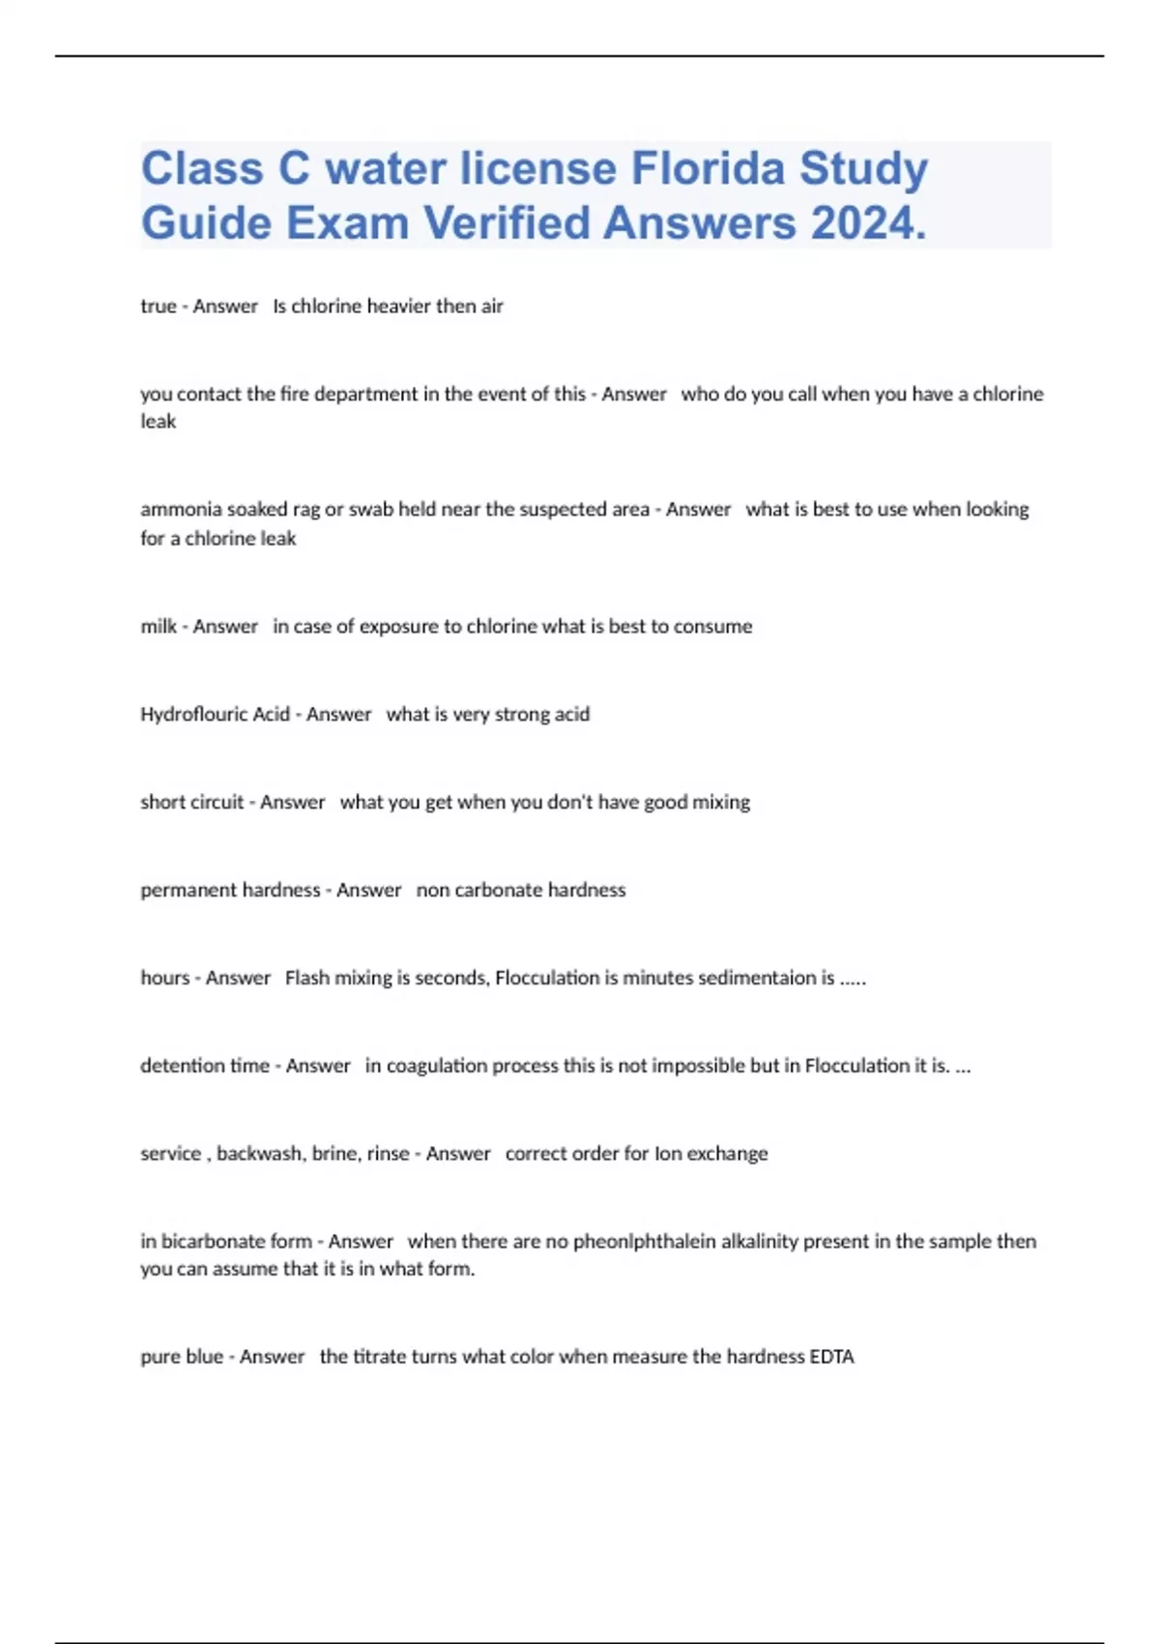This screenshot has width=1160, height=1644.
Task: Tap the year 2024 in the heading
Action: [x=869, y=223]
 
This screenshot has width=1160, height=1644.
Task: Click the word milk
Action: [x=159, y=627]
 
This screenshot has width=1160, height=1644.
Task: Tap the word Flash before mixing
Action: [x=307, y=978]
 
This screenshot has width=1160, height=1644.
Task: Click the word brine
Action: [x=335, y=1154]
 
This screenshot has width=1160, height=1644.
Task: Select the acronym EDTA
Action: [x=831, y=1357]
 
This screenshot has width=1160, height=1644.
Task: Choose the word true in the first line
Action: [x=158, y=307]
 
